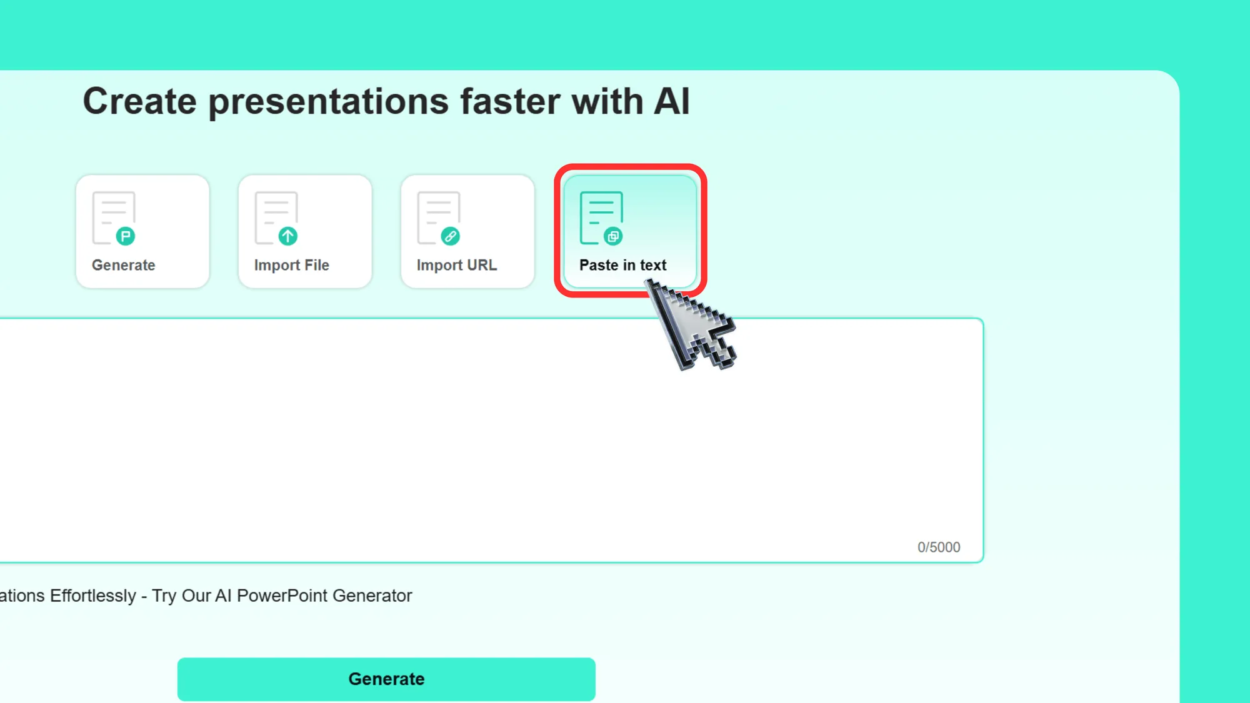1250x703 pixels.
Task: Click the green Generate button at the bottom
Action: pyautogui.click(x=386, y=679)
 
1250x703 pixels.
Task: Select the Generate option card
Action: pyautogui.click(x=142, y=231)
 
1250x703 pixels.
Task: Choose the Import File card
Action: pyautogui.click(x=305, y=231)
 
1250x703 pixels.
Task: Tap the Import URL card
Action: pyautogui.click(x=467, y=231)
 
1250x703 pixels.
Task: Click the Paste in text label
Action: pyautogui.click(x=622, y=265)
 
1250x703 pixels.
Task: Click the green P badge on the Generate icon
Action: pyautogui.click(x=126, y=236)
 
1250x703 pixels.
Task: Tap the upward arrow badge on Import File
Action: pyautogui.click(x=288, y=236)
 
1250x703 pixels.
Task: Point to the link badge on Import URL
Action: pyautogui.click(x=451, y=236)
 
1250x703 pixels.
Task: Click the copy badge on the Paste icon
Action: pyautogui.click(x=613, y=236)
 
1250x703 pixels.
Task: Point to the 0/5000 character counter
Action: pyautogui.click(x=939, y=547)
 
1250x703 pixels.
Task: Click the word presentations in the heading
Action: pyautogui.click(x=329, y=102)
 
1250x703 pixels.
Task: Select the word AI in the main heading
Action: pyautogui.click(x=672, y=102)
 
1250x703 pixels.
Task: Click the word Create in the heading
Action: pyautogui.click(x=139, y=102)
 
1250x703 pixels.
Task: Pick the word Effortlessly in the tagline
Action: pyautogui.click(x=93, y=596)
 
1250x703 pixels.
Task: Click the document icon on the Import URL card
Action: pyautogui.click(x=439, y=217)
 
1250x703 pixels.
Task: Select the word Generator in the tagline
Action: pyautogui.click(x=372, y=596)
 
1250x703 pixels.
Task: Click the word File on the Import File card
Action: pyautogui.click(x=316, y=265)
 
